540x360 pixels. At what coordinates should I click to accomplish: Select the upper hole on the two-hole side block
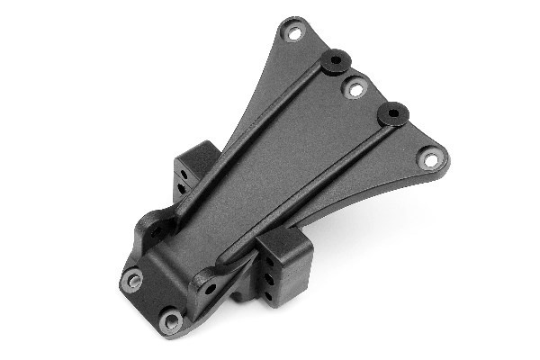[183, 168]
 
